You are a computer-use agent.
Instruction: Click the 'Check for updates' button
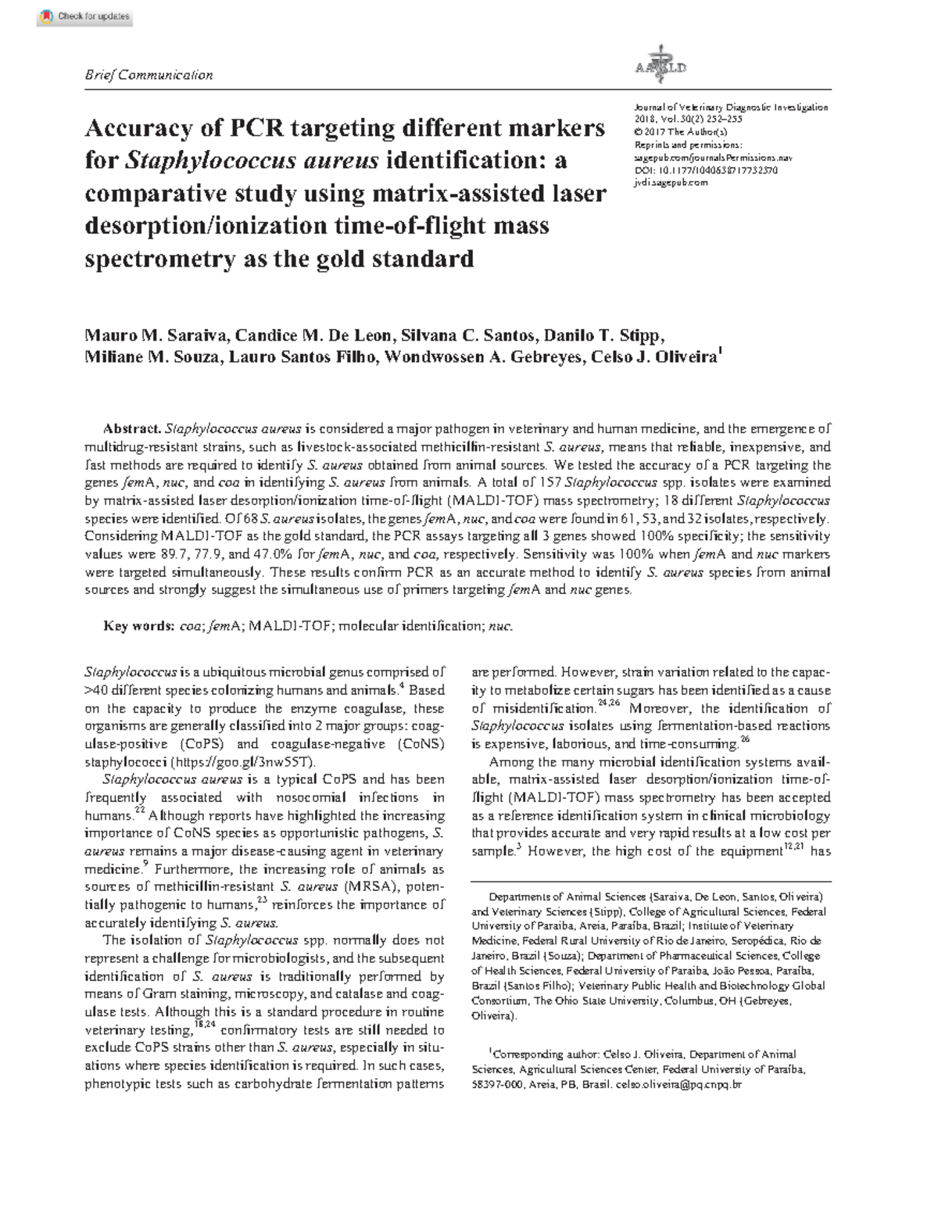[85, 16]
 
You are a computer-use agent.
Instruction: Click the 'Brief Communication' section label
[148, 75]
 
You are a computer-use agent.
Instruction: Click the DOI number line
[706, 170]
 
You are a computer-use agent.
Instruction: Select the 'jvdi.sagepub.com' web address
[671, 182]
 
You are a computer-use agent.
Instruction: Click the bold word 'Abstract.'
[133, 429]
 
